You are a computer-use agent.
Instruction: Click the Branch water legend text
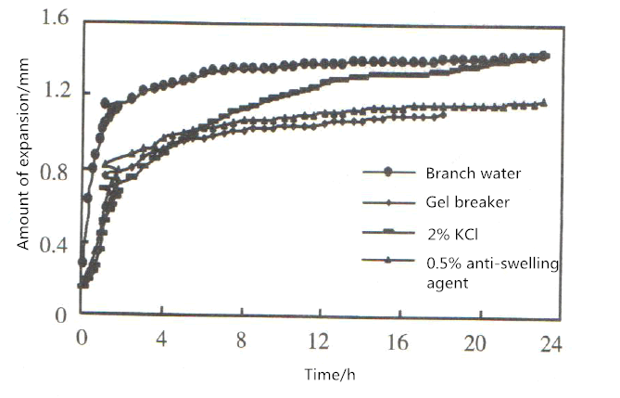point(469,173)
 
